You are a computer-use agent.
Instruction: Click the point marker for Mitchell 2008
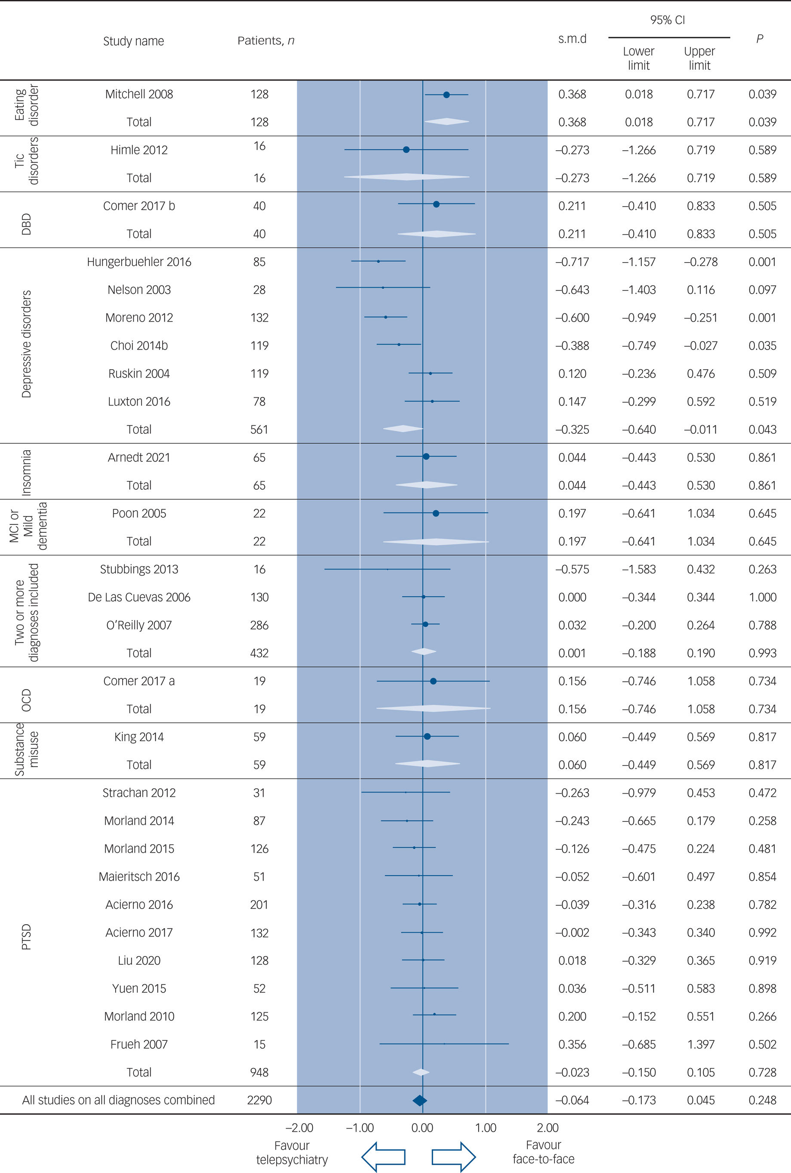point(446,94)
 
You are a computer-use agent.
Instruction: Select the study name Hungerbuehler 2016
point(139,262)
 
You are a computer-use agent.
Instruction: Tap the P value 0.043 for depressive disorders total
point(762,430)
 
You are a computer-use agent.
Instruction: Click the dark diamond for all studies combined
point(419,1100)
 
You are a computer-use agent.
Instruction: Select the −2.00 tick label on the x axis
point(299,1127)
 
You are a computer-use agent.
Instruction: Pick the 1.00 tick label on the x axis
point(486,1127)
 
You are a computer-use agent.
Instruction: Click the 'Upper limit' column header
point(699,58)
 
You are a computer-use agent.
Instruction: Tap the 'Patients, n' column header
point(266,41)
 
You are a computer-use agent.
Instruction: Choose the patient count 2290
point(259,1100)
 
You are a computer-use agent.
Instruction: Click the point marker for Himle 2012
point(406,150)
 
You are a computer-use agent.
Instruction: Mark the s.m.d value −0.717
point(572,262)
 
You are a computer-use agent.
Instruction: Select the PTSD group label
point(26,937)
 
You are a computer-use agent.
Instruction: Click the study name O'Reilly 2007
point(139,625)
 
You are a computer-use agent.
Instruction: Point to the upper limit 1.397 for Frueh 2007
point(701,1044)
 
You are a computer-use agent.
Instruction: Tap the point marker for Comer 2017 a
point(433,681)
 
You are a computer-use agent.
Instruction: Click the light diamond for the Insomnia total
point(426,485)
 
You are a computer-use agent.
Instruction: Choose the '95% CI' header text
point(668,20)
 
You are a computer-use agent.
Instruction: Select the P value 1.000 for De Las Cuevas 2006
point(762,597)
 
